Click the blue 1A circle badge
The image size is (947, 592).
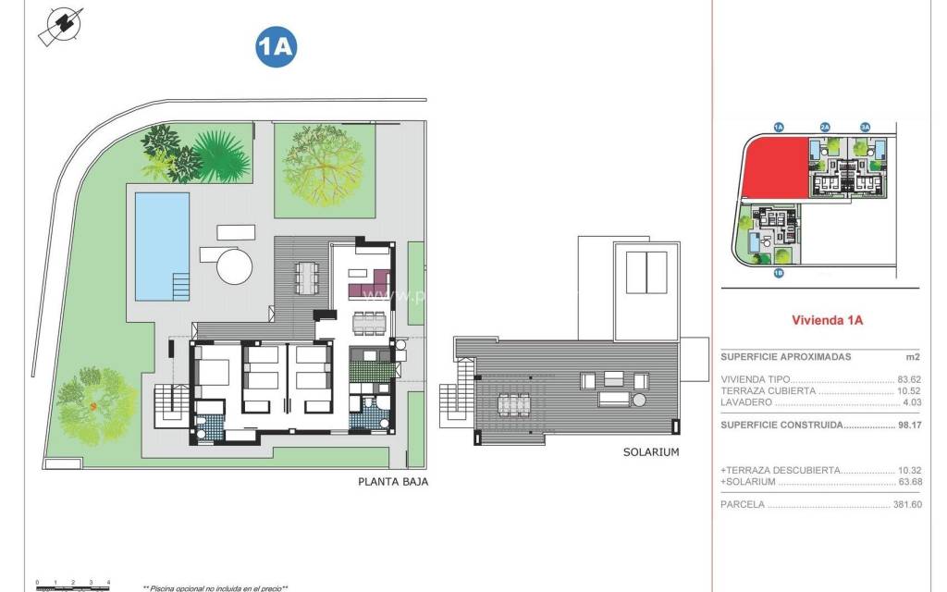[x=276, y=49]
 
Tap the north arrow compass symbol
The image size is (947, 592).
[x=59, y=25]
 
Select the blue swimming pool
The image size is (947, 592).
[x=162, y=245]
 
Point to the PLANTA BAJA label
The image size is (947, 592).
[x=393, y=482]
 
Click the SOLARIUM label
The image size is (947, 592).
[x=651, y=452]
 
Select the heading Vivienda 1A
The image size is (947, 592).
[x=827, y=321]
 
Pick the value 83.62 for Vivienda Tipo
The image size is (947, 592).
[x=909, y=379]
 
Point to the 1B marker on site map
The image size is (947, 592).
[x=778, y=273]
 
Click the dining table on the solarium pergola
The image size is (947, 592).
[x=512, y=405]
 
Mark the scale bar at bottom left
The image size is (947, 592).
[x=72, y=583]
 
